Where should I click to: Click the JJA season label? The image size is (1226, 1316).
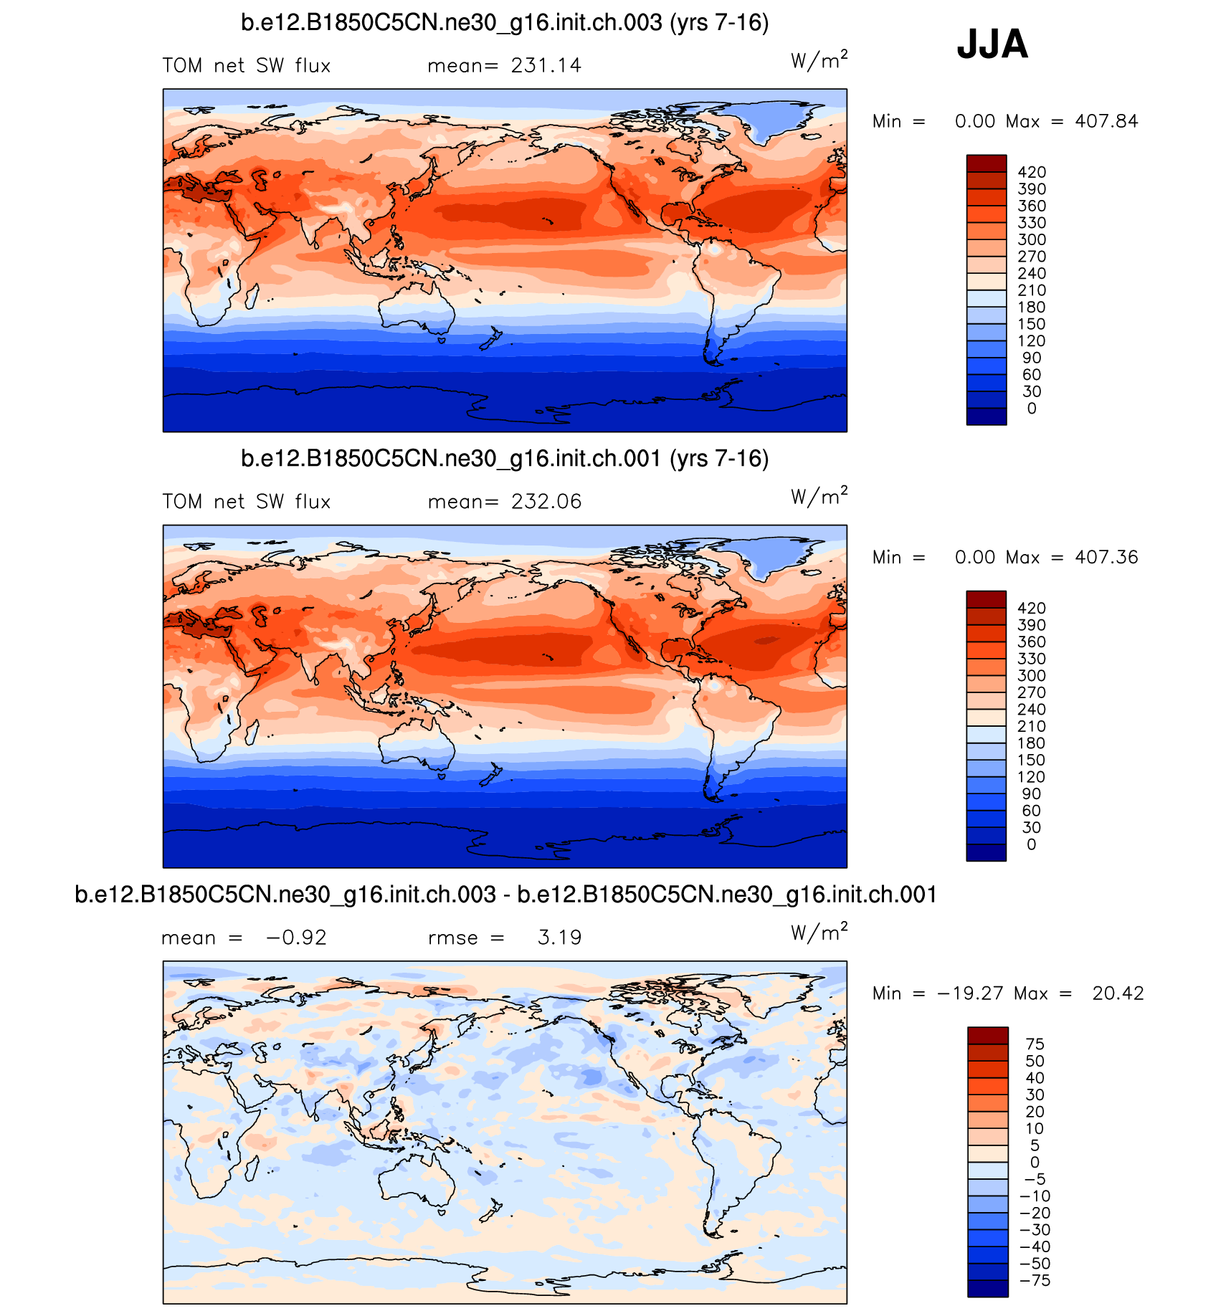click(x=992, y=44)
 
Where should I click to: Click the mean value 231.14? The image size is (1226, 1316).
click(x=546, y=66)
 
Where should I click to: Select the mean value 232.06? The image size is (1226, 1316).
click(x=546, y=502)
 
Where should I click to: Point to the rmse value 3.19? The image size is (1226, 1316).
click(x=559, y=938)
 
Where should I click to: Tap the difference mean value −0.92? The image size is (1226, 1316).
click(x=296, y=938)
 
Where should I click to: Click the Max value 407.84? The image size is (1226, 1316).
click(x=1106, y=121)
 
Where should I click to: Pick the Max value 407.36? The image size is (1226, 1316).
click(x=1106, y=557)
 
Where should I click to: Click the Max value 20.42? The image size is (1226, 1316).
click(x=1118, y=993)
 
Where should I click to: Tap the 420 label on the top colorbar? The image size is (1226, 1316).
click(x=1032, y=172)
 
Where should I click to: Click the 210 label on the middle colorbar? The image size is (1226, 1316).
click(x=1032, y=726)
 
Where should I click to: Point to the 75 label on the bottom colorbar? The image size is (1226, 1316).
click(x=1035, y=1044)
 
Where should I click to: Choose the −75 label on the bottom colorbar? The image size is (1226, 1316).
click(x=1035, y=1280)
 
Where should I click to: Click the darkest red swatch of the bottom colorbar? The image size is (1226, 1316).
click(x=987, y=1035)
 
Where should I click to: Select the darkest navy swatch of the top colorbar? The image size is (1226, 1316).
click(x=987, y=416)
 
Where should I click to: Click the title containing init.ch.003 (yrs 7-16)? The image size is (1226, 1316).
click(x=505, y=23)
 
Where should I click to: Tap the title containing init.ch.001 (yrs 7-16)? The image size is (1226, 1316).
click(x=505, y=459)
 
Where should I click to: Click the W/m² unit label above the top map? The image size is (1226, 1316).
click(x=819, y=60)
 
